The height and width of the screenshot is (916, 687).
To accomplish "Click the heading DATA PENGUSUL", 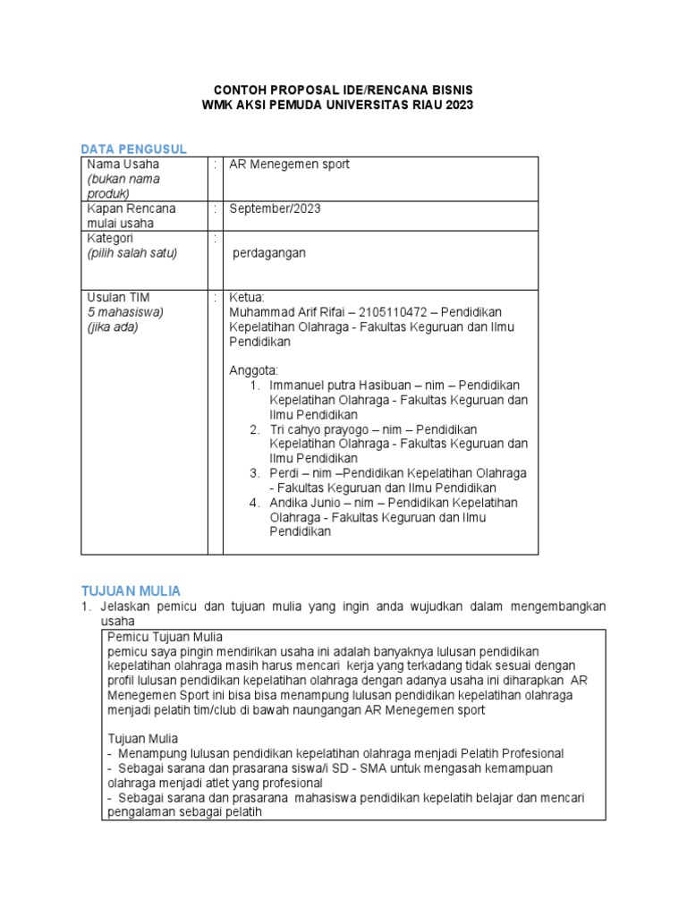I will point(133,148).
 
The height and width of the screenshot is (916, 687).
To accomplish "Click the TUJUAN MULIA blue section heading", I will point(131,590).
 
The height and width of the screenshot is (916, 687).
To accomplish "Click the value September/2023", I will point(275,208).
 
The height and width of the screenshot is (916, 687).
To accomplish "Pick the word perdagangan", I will point(268,253).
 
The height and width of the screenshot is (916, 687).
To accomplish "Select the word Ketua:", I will point(248,297).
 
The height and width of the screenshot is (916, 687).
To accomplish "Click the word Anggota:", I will point(254,370).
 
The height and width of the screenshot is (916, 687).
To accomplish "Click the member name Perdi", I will point(285,472).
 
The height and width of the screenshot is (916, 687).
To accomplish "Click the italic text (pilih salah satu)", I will point(131,253).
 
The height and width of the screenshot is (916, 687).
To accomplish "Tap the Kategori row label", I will point(110,238).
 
